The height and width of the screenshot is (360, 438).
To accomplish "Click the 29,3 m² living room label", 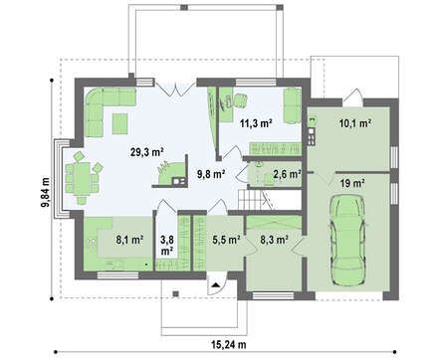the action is coord(146,152).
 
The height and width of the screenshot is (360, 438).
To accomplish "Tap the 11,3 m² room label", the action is coord(256,123).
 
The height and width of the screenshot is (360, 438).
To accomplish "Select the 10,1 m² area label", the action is coord(355,123).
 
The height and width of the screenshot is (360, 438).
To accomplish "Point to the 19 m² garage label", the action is coord(352,183).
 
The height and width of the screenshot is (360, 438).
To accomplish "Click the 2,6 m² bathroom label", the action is coord(287,174).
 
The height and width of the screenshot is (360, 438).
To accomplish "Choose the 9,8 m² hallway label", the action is coord(211,174).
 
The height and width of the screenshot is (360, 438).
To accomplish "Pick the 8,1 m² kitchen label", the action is coord(129,240).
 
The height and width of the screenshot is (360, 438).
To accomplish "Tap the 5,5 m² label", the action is coord(226,240).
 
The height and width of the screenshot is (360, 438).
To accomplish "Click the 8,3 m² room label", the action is coord(274,240).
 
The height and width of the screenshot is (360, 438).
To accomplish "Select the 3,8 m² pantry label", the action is coord(167,246).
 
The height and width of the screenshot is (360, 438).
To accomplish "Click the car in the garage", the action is coord(347,240).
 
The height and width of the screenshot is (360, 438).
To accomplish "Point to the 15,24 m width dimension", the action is coord(229,345).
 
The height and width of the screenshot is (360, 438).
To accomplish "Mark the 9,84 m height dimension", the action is coord(45,192).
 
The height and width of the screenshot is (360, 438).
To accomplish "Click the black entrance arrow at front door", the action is coord(216,284).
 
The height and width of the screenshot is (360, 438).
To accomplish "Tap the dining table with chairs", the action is coord(82,178).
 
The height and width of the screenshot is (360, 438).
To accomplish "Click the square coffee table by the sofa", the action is coord(119,123).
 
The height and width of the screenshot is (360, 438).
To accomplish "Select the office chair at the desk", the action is coord(240,100).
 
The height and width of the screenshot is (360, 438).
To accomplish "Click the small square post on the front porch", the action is coord(176,293).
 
